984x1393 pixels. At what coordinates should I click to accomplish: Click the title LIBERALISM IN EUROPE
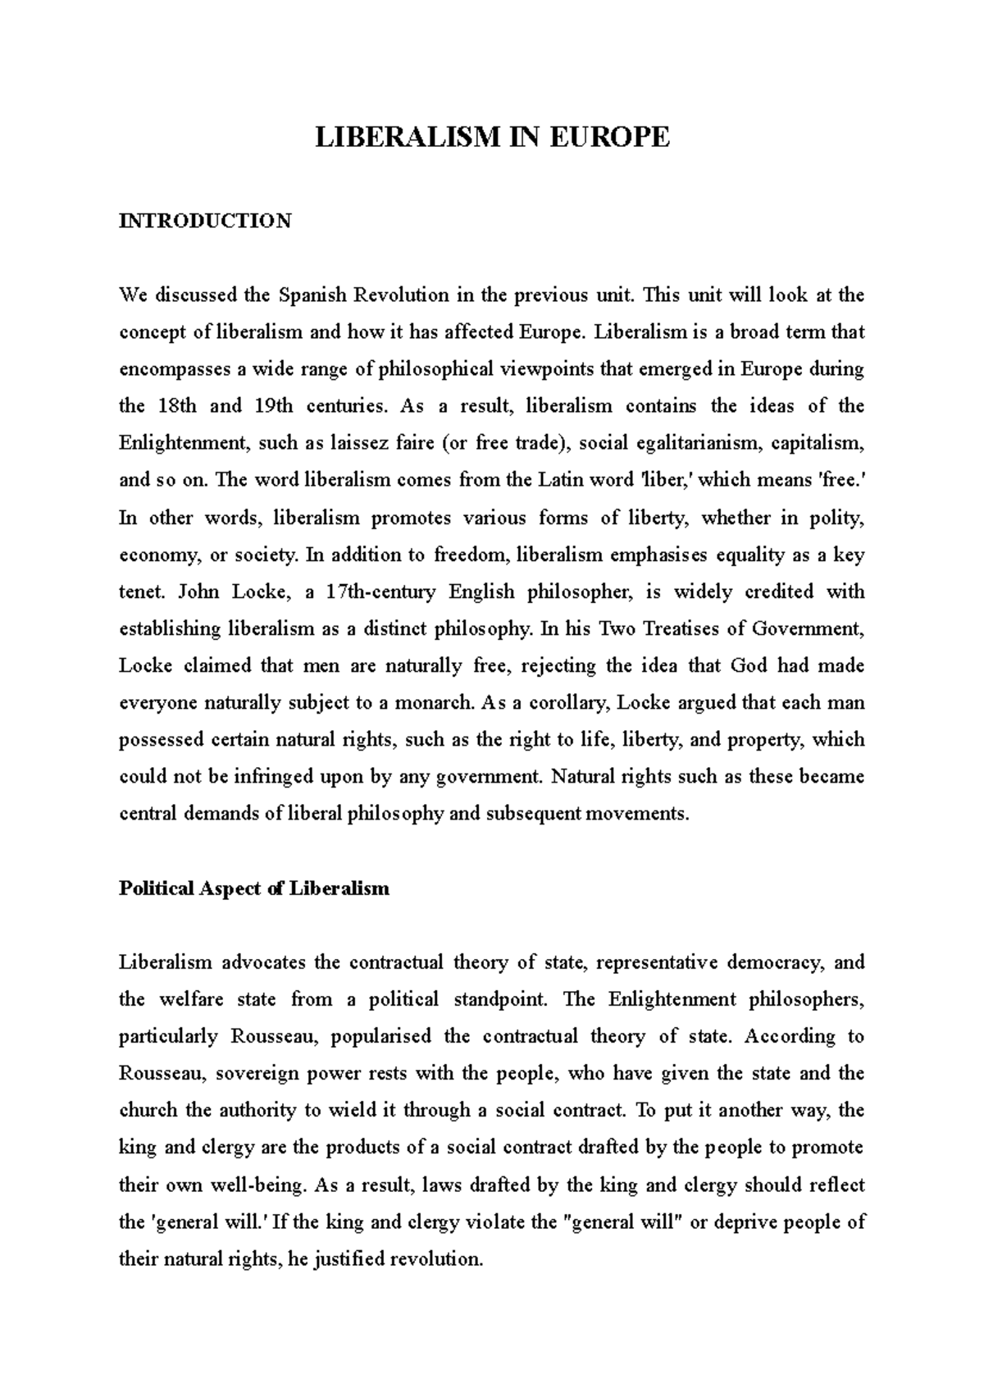[493, 137]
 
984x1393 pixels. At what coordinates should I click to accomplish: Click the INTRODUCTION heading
[205, 222]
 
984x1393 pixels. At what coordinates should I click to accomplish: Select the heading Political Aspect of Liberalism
[254, 888]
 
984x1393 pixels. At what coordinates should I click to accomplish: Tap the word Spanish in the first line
[308, 295]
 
